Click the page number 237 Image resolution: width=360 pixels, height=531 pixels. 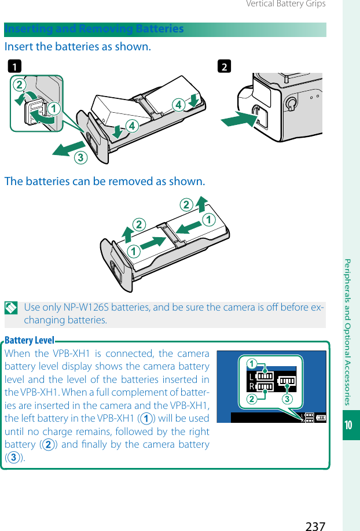(x=315, y=525)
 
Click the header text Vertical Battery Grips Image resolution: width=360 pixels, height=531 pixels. (x=285, y=4)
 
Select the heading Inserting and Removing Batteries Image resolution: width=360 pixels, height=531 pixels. (x=94, y=29)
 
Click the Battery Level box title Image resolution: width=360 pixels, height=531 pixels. (x=29, y=340)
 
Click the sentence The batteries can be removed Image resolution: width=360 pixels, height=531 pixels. (x=105, y=182)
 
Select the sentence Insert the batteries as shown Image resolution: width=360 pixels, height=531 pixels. (x=78, y=46)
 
